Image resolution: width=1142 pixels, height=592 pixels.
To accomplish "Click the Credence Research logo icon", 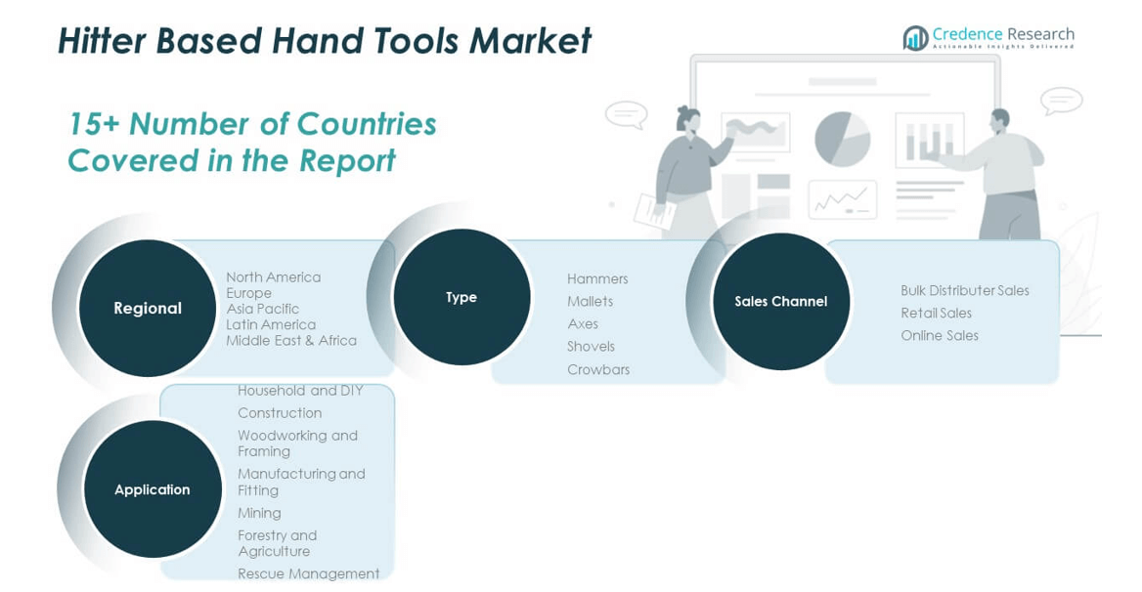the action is coord(915,38).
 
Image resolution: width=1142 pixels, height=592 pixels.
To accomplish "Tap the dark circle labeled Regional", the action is coord(147,309).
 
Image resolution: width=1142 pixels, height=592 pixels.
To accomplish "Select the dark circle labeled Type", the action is coord(461,297).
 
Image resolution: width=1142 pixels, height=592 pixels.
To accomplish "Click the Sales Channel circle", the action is coord(781,301).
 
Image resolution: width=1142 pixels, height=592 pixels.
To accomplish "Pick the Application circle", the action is coord(153,489).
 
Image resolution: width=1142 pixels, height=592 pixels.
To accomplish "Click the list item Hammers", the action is coord(597,278).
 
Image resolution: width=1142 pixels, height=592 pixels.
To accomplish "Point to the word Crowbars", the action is coord(598,369).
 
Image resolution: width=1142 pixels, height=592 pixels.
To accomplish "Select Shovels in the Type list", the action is coord(591,346).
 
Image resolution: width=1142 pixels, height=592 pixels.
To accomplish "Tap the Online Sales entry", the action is coord(940,335).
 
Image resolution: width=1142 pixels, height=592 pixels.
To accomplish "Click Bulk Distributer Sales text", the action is coord(965,290).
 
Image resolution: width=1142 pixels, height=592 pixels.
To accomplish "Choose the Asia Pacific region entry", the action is coord(262,309).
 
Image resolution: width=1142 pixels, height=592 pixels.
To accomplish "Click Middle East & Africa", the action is coord(291,340).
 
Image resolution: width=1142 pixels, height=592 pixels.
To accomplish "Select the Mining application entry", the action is coord(259,513).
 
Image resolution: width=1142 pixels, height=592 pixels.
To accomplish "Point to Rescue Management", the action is coord(308,573).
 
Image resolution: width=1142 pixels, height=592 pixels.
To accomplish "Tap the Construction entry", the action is coord(280,413).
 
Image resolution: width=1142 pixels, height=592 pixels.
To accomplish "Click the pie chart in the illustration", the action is coord(842,139).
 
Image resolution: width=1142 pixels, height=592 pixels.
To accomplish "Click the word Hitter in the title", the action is coord(102,41).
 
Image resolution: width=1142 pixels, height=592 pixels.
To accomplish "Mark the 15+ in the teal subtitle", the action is coord(93,124).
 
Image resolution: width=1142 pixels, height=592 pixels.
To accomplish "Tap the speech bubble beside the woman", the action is coord(627,114).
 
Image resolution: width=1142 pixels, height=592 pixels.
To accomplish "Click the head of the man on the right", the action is coord(1000,119).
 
